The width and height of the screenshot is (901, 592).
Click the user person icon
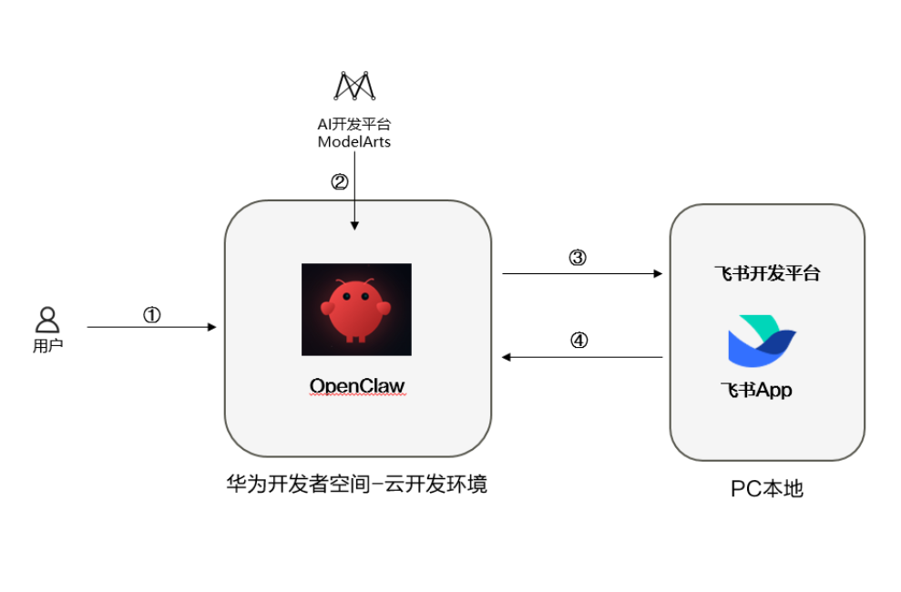point(47,320)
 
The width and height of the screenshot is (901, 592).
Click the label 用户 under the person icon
point(47,346)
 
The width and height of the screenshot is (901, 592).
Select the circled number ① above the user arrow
point(152,314)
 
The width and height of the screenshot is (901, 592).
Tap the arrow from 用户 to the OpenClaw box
point(151,326)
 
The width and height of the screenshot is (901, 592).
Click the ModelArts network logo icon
point(354,86)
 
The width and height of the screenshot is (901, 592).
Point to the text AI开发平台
point(354,125)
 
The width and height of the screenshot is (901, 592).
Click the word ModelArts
point(354,142)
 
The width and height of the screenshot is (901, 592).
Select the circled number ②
point(339,182)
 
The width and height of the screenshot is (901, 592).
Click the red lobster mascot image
point(356,310)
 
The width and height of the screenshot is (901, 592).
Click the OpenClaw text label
point(357,386)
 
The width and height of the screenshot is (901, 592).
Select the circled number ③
point(578,258)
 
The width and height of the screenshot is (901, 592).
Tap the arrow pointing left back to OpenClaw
point(581,357)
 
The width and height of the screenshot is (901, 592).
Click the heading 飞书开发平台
point(766,273)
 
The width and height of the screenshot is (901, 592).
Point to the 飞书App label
point(756,391)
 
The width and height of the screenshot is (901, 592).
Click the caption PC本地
point(767,489)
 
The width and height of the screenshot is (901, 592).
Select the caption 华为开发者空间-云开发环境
point(357,484)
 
